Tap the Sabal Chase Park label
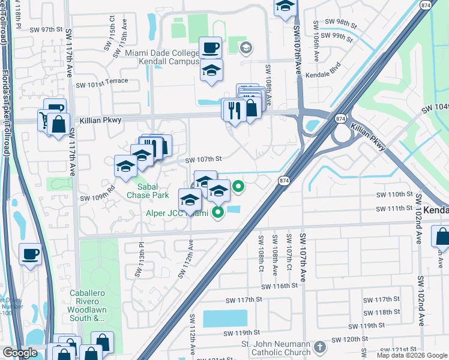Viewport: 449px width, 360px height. click(147, 191)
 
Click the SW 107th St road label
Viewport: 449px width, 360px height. click(203, 160)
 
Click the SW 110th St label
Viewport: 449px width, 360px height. click(394, 195)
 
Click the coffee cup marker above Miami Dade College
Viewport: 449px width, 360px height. click(211, 47)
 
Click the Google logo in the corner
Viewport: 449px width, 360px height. click(20, 353)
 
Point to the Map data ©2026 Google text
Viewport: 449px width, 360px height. click(411, 355)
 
